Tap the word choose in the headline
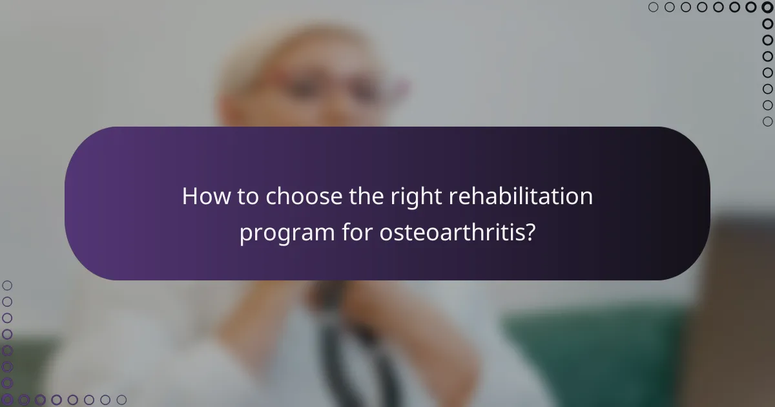[x=297, y=196]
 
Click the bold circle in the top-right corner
[x=767, y=8]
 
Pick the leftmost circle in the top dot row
[x=654, y=8]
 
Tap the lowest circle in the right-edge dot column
[x=767, y=121]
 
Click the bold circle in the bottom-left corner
[x=8, y=400]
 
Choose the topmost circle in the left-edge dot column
[x=8, y=285]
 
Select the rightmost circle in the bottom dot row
[x=121, y=400]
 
